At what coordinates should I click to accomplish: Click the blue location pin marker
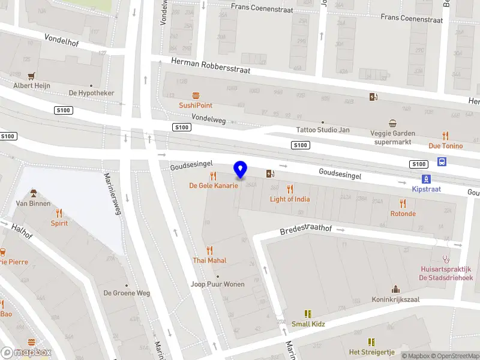[x=241, y=170]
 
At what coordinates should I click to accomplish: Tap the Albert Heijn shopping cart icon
[x=31, y=76]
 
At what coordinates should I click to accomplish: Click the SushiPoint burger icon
[x=196, y=96]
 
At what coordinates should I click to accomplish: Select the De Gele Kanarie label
[x=214, y=185]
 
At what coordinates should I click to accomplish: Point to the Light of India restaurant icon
[x=290, y=190]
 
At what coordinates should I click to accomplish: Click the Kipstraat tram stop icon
[x=426, y=179]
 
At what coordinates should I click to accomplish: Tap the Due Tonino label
[x=445, y=146]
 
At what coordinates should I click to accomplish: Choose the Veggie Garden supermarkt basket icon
[x=393, y=123]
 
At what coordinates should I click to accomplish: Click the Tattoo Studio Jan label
[x=323, y=130]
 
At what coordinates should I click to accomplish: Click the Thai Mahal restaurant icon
[x=209, y=251]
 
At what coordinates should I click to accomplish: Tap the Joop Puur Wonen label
[x=217, y=284]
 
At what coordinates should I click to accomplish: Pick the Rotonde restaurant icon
[x=403, y=203]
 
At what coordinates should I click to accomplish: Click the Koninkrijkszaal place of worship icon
[x=395, y=290]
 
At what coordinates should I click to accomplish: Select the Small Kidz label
[x=309, y=324]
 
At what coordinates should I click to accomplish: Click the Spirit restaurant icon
[x=59, y=213]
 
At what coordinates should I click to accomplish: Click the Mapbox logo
[x=25, y=352]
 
